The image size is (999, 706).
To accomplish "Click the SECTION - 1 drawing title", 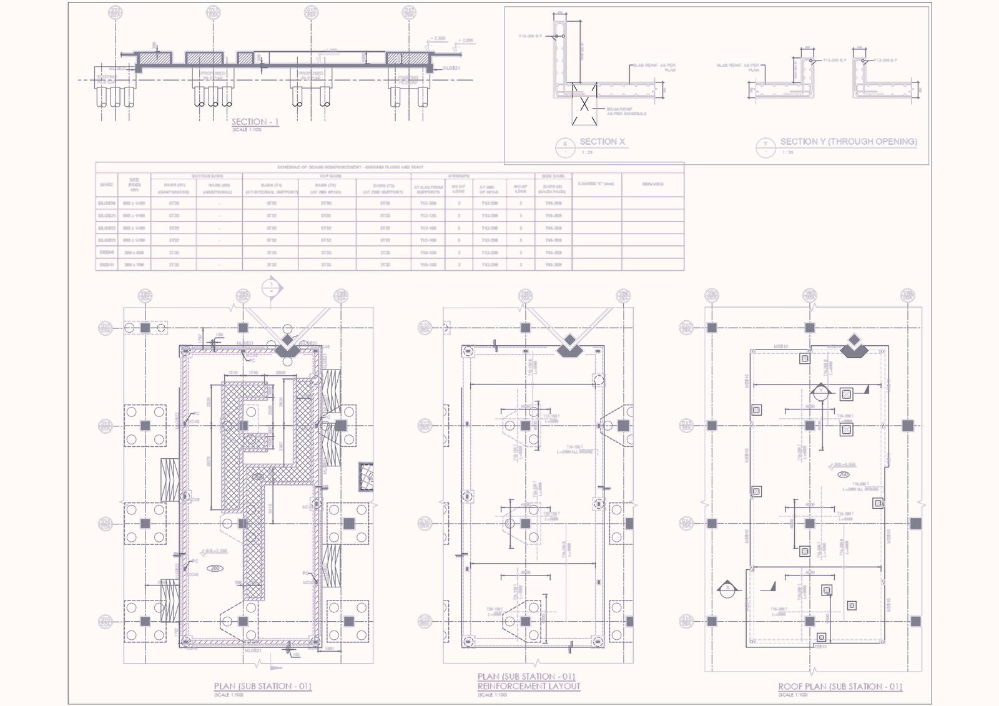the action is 255,122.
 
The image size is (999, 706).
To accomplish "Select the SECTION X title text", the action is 602,142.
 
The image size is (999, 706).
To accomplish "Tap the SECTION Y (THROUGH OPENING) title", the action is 848,142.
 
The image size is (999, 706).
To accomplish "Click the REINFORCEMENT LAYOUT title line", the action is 529,686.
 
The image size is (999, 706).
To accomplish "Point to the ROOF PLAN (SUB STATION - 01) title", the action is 840,686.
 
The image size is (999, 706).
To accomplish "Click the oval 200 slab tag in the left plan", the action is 215,569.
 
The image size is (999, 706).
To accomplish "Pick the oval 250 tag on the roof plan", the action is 844,474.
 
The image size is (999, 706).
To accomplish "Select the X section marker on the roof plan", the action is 727,589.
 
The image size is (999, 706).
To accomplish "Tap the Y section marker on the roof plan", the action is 820,392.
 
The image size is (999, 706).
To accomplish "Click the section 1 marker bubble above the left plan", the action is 272,287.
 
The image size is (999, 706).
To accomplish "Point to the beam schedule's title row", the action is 350,167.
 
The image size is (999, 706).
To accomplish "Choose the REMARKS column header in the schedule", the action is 652,184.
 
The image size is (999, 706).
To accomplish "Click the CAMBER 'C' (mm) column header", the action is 596,184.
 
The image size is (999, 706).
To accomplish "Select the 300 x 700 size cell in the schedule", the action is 134,265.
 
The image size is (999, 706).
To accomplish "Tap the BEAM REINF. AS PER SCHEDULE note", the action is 626,111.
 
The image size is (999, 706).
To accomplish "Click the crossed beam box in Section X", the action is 584,104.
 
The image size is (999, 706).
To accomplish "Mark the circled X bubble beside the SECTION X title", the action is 565,146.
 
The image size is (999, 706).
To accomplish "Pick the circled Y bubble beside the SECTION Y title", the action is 765,146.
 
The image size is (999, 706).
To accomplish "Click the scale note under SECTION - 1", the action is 248,129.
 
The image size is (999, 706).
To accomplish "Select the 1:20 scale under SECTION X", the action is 587,152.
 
